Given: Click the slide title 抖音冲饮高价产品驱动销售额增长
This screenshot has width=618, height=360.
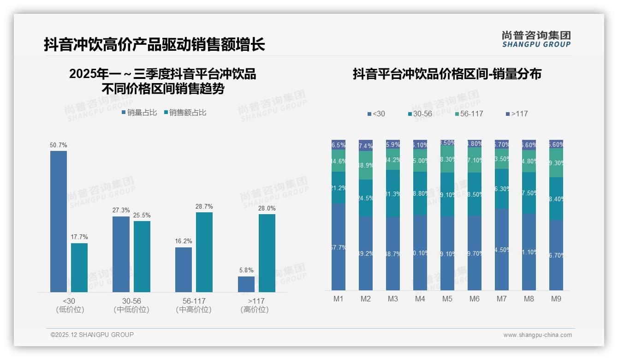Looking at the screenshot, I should [x=154, y=44].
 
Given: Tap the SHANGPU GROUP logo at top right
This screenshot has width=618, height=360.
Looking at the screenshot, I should [x=536, y=39].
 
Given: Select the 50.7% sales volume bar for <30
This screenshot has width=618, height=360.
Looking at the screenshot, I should [x=59, y=222].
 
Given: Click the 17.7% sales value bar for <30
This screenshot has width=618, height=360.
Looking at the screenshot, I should [x=79, y=268].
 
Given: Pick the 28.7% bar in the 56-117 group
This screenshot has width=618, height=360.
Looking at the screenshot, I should [x=204, y=252].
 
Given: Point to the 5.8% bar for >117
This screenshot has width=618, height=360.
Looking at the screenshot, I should [x=246, y=284].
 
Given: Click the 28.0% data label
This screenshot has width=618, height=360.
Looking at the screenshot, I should [x=267, y=209].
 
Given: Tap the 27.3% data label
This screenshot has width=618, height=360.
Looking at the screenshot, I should [x=121, y=210].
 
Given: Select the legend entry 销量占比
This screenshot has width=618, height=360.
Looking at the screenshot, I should [x=139, y=113].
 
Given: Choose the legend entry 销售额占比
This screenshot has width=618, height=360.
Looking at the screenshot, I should [x=185, y=113].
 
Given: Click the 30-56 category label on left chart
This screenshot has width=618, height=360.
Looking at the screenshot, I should [x=131, y=301].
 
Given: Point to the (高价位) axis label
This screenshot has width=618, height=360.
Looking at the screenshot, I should [x=254, y=310].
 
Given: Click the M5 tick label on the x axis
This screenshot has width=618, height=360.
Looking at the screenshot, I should [x=447, y=299].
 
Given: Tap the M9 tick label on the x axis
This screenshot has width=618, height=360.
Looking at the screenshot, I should [x=556, y=299].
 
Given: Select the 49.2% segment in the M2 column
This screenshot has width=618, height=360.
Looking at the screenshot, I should [x=366, y=253].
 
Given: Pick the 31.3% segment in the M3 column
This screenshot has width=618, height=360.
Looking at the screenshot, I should [x=393, y=194].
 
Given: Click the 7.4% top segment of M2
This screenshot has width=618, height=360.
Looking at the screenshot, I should [x=366, y=146].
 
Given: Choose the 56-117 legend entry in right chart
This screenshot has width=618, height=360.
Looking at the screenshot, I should [x=469, y=114].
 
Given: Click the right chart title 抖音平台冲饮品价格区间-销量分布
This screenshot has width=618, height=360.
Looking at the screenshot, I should [x=447, y=74].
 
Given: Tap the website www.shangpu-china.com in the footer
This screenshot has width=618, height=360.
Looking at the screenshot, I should [x=537, y=335].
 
